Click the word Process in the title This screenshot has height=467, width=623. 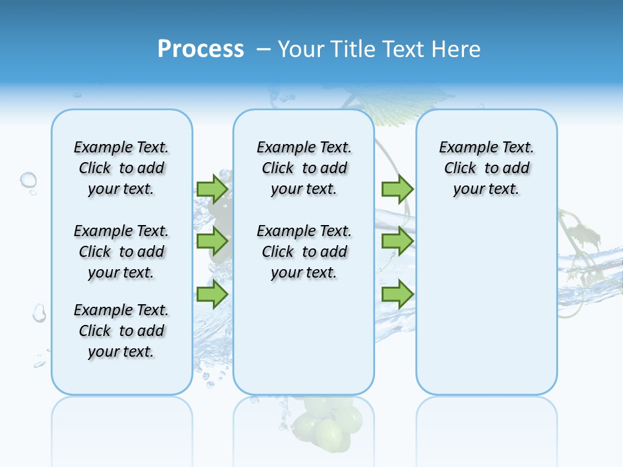(x=201, y=49)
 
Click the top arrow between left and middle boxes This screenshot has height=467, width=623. (x=212, y=189)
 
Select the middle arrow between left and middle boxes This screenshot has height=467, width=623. (x=212, y=241)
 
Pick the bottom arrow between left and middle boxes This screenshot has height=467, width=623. (x=212, y=294)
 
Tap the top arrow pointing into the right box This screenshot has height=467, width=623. (x=397, y=189)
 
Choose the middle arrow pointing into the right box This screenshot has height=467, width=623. (x=397, y=241)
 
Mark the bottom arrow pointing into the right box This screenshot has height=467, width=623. (x=397, y=294)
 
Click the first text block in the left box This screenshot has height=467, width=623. (x=121, y=168)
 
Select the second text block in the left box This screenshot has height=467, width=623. (x=121, y=252)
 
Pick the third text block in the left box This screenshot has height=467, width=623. (x=121, y=331)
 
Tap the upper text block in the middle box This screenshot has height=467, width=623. (x=304, y=168)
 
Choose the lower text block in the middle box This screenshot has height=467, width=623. (x=304, y=252)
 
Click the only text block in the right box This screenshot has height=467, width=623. (x=486, y=168)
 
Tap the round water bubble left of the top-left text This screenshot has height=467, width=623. (x=29, y=180)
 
